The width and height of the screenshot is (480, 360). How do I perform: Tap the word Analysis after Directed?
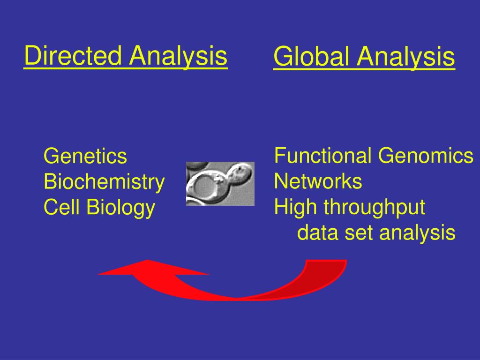179,56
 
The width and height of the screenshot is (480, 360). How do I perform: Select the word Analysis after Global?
405,57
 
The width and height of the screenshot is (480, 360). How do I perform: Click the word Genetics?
85,157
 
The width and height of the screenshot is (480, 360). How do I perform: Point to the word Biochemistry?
104,182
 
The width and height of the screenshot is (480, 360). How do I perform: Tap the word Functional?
323,156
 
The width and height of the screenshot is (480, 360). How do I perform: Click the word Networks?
318,181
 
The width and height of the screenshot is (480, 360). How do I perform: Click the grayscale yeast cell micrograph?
220,183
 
